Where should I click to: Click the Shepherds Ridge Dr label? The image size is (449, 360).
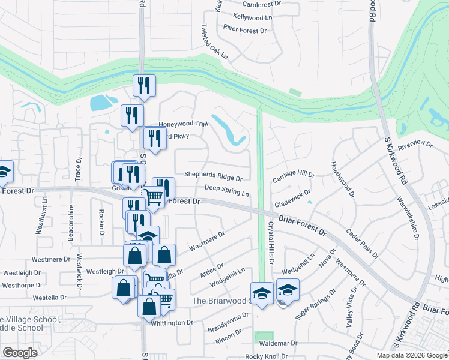pos(213,178)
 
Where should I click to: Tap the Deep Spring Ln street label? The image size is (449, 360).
pos(227,191)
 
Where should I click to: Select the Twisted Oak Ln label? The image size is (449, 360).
pos(215,41)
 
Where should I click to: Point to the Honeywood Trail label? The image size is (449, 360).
pos(182,124)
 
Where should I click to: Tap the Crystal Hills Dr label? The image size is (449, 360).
pos(270,241)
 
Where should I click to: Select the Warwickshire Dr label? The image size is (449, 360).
pos(408,217)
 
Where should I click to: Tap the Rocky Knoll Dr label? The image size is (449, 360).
pos(267,356)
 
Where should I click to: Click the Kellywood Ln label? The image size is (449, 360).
pos(252,17)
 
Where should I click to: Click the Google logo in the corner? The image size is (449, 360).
pos(20,353)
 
